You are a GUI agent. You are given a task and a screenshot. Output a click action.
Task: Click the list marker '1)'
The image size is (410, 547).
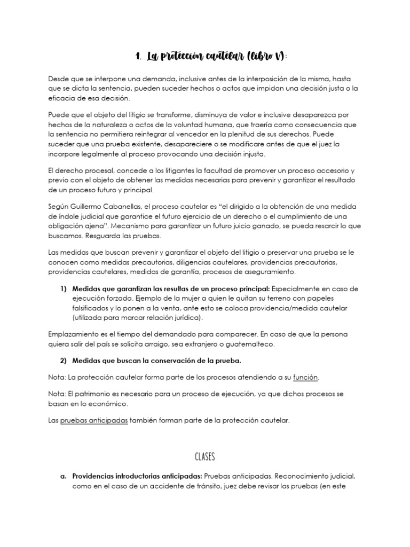63,288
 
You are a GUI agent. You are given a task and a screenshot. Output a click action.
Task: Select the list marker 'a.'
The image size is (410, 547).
63,475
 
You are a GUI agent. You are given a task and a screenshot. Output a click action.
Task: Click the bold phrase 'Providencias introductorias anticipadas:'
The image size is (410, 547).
137,475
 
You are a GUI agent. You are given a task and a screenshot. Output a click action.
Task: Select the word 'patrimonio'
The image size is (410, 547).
96,393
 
